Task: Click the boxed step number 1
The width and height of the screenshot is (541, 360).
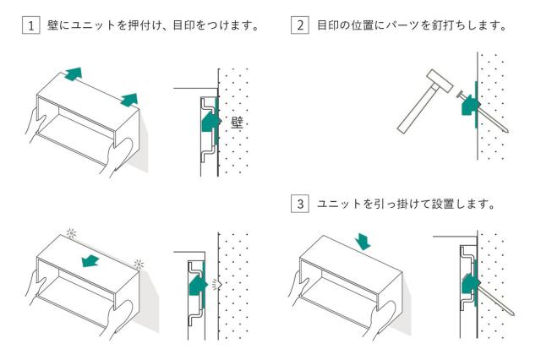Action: (x=30, y=25)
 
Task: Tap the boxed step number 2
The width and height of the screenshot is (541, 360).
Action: (x=300, y=25)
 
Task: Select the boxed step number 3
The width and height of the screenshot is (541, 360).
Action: (x=300, y=204)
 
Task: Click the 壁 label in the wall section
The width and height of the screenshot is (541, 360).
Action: (x=237, y=123)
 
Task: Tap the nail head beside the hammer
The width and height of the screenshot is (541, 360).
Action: (x=460, y=94)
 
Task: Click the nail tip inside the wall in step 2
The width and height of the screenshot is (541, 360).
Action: (x=507, y=131)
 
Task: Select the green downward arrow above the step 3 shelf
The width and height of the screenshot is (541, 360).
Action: (x=363, y=242)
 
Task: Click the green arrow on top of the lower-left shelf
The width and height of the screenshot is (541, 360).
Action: (x=90, y=261)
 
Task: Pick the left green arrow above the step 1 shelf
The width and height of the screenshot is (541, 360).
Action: (x=74, y=74)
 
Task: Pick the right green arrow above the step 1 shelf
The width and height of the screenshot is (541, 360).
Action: (x=129, y=100)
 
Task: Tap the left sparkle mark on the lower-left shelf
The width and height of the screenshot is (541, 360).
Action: (x=71, y=233)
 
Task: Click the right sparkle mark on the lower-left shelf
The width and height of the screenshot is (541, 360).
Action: (x=139, y=265)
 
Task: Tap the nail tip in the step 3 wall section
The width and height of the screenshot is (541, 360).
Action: (x=513, y=314)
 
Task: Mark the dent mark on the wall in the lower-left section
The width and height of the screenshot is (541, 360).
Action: (x=216, y=284)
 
